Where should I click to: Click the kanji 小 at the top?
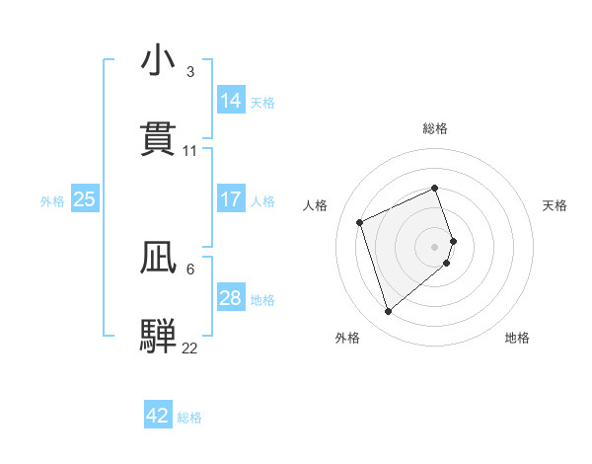(158, 62)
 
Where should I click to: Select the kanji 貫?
(158, 139)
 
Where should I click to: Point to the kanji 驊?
(158, 335)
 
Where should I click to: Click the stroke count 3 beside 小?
(189, 72)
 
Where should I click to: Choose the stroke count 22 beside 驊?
(189, 348)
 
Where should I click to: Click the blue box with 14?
(231, 101)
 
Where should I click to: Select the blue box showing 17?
(231, 199)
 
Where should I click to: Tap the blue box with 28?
(231, 298)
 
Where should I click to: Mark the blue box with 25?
(85, 199)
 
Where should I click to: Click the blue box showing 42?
(158, 416)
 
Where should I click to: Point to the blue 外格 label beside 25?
(52, 200)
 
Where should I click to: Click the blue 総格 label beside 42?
(189, 418)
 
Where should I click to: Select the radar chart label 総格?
(435, 128)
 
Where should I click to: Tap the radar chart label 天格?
(555, 205)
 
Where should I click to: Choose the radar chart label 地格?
(517, 338)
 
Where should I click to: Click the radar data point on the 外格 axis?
(388, 312)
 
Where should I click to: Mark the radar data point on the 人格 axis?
(361, 222)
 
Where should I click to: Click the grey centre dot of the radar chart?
(435, 246)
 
